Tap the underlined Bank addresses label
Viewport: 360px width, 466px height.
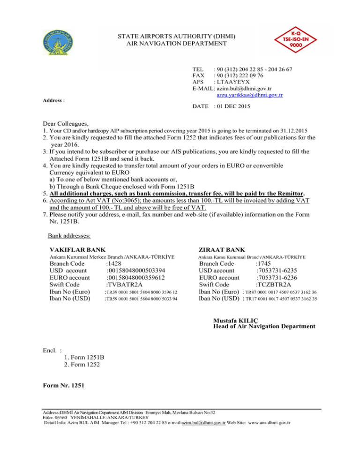tap(71, 235)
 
